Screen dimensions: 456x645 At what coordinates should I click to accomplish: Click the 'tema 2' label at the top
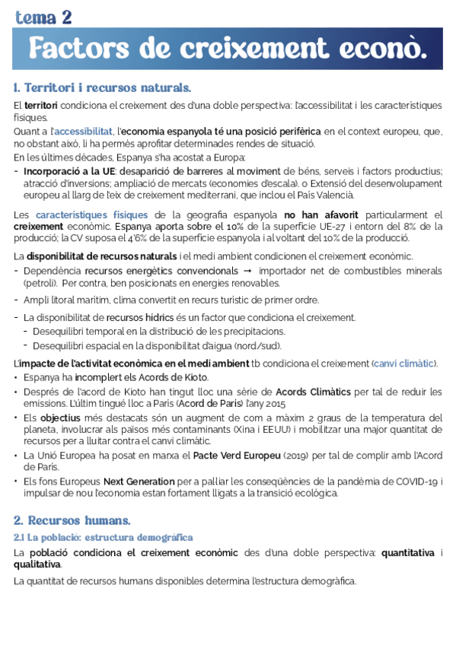43,17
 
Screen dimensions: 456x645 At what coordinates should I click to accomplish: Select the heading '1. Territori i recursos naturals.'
102,87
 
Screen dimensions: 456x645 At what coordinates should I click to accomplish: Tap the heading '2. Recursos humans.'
72,521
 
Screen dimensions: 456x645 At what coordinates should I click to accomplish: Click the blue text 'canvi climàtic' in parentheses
403,364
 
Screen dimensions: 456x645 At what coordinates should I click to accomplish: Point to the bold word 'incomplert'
97,377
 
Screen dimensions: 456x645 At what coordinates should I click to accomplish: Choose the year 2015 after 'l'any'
275,403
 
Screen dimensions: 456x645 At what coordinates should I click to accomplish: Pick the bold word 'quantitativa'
408,553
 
